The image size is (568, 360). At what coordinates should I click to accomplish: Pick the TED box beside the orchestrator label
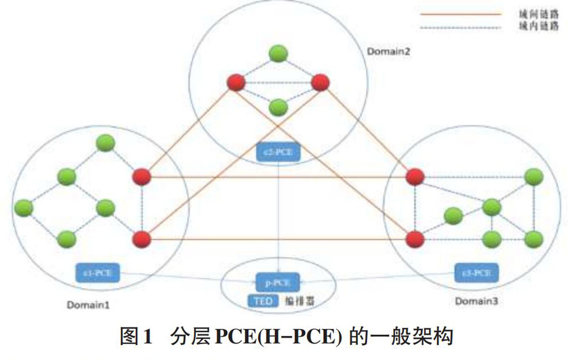pyautogui.click(x=263, y=301)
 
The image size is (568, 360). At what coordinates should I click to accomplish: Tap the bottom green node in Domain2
pyautogui.click(x=278, y=106)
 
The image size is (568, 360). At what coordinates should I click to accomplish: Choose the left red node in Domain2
pyautogui.click(x=236, y=83)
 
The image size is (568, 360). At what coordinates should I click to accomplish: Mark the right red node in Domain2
pyautogui.click(x=320, y=83)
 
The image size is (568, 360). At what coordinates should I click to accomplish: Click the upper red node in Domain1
pyautogui.click(x=141, y=177)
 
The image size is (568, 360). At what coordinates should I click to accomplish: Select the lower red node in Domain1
pyautogui.click(x=141, y=238)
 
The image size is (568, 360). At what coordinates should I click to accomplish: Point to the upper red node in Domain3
pyautogui.click(x=415, y=177)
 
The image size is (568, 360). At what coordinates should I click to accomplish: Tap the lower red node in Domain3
pyautogui.click(x=415, y=238)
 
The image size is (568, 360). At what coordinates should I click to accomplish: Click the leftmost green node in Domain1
pyautogui.click(x=24, y=208)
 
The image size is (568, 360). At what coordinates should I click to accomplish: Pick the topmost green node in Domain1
pyautogui.click(x=105, y=143)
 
